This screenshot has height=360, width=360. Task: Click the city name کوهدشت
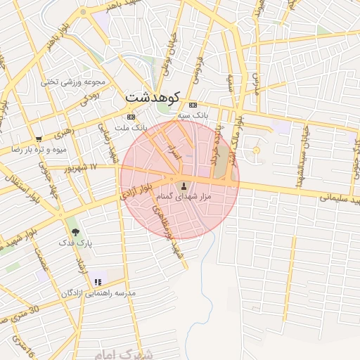point(153,97)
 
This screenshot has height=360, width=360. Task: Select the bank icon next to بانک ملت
point(131,117)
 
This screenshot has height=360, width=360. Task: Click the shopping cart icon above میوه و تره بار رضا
point(38,139)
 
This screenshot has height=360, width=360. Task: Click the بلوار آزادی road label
point(136,191)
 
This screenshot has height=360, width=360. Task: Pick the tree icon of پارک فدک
point(75,231)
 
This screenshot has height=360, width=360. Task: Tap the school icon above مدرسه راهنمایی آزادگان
point(98,282)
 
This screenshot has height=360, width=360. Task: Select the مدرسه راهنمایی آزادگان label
point(98,292)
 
